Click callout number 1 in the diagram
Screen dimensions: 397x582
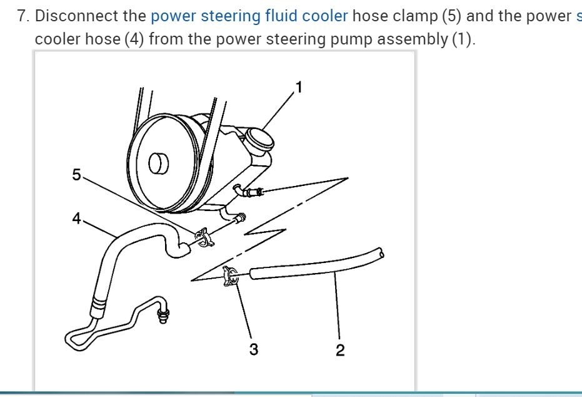click(x=299, y=87)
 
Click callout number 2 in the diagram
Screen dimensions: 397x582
click(x=339, y=350)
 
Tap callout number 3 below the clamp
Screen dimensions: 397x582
click(x=253, y=349)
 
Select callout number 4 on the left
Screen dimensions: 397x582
click(x=76, y=219)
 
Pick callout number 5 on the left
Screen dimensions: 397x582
click(x=76, y=175)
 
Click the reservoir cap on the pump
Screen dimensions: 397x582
click(x=258, y=140)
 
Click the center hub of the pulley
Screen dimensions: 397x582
click(x=158, y=164)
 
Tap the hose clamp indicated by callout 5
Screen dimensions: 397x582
click(x=203, y=237)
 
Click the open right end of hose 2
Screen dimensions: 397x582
click(x=380, y=252)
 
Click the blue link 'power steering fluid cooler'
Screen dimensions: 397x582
click(x=249, y=16)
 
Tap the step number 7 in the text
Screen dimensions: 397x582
click(x=23, y=16)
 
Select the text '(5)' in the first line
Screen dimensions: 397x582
click(x=454, y=16)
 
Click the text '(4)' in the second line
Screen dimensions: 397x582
click(x=133, y=39)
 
